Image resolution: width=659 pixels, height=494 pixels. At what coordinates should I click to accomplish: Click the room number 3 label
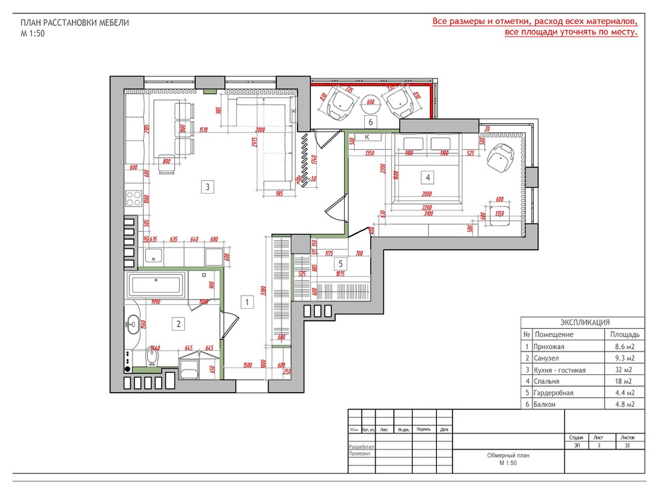[x=208, y=187]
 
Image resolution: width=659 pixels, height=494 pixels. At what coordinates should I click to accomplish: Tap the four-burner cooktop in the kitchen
[x=133, y=199]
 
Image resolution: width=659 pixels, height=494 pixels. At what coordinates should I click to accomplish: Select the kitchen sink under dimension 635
[x=154, y=256]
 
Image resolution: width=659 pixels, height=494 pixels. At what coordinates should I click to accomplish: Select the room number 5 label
[x=339, y=264]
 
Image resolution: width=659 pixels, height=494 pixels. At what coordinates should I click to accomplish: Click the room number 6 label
[x=371, y=121]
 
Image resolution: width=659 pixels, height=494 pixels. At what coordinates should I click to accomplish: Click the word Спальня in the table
[x=547, y=381]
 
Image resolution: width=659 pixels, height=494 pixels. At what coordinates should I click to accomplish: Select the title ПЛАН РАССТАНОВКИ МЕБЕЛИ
[x=75, y=23]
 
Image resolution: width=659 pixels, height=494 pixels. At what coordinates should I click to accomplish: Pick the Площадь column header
[x=624, y=334]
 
